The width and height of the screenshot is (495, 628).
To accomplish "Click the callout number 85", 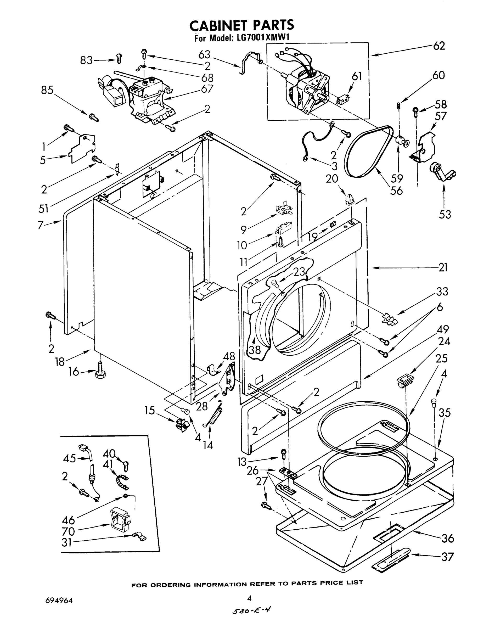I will pyautogui.click(x=47, y=91).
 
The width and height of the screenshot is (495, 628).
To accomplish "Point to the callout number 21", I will pyautogui.click(x=443, y=267).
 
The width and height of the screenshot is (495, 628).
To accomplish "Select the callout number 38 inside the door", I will pyautogui.click(x=255, y=350).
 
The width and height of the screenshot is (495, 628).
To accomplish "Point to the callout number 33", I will pyautogui.click(x=442, y=291).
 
